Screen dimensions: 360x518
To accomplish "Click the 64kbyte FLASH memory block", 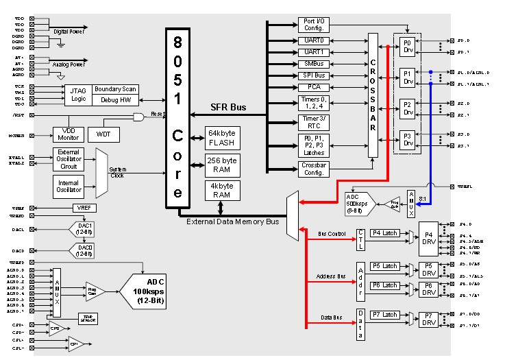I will pos(221,137).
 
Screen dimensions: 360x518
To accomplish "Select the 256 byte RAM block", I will pos(221,165).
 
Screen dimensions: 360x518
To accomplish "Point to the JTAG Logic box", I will pos(77,95).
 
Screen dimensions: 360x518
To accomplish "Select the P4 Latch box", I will pos(384,233).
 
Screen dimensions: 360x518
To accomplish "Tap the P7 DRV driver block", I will pos(429,319).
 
